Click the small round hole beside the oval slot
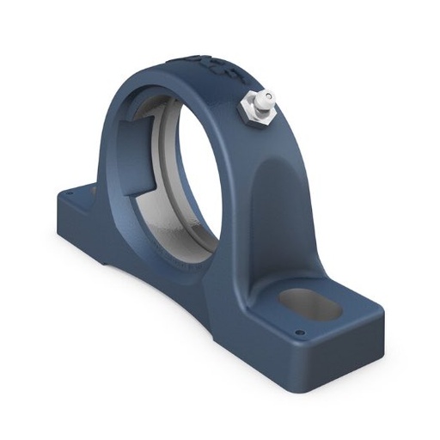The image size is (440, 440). coord(301,333)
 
